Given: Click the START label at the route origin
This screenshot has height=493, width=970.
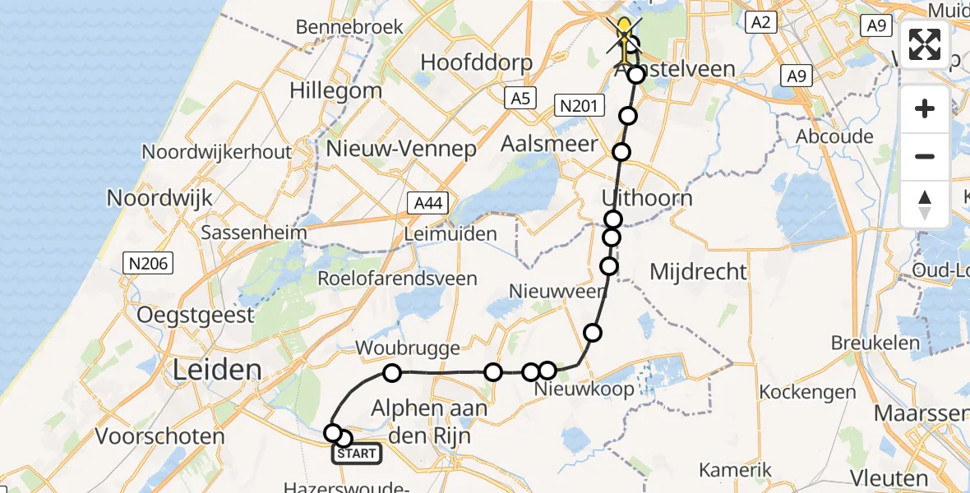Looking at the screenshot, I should pyautogui.click(x=358, y=454).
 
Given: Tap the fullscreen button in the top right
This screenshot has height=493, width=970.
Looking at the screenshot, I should pyautogui.click(x=925, y=44).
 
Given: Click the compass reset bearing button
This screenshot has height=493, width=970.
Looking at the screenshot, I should pyautogui.click(x=925, y=205).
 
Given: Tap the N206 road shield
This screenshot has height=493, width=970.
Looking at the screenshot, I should pyautogui.click(x=147, y=264).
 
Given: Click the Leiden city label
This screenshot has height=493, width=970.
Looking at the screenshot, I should pyautogui.click(x=216, y=371).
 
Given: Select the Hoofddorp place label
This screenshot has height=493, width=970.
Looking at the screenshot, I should pyautogui.click(x=477, y=62).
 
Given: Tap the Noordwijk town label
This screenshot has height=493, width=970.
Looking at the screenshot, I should pyautogui.click(x=159, y=198).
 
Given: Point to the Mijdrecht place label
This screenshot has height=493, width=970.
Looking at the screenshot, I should pyautogui.click(x=698, y=271).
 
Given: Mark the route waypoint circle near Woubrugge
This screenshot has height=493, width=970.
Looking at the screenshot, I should pyautogui.click(x=392, y=374).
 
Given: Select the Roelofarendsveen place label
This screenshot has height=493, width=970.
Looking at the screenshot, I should pyautogui.click(x=399, y=278).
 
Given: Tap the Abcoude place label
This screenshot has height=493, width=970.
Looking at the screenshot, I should pyautogui.click(x=834, y=136).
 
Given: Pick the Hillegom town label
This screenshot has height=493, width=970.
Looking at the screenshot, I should pyautogui.click(x=335, y=90).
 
